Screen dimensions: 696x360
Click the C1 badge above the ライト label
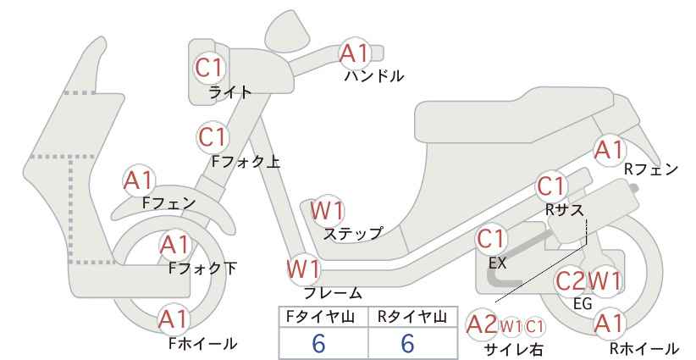coord(209,69)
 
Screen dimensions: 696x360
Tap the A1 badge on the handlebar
coord(355,53)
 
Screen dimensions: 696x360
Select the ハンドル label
coord(374,76)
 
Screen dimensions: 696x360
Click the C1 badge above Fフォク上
coord(213,137)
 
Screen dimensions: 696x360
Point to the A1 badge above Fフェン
coord(139,181)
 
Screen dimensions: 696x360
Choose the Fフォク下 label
coord(203,269)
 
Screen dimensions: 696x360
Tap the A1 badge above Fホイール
coord(174,318)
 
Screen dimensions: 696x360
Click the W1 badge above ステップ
coord(327,210)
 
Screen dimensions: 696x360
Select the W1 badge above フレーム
coord(304,269)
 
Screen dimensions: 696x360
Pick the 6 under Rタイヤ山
coord(408,343)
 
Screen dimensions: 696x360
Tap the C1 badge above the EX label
coord(491,239)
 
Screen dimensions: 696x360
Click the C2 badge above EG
coord(572,280)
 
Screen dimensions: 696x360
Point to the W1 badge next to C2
coord(604,280)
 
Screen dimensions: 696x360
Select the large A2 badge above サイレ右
coord(482,325)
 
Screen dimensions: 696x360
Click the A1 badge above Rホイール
coord(609,324)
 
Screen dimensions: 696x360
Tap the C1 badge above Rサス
coord(552,186)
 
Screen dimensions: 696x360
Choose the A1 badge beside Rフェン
coord(609,150)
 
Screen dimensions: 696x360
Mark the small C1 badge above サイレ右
coord(534,327)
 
